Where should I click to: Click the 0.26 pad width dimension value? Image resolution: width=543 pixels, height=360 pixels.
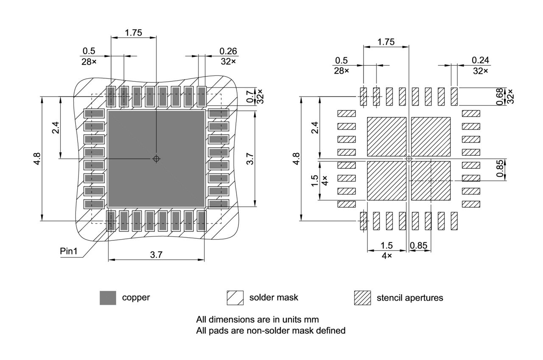pos(228,51)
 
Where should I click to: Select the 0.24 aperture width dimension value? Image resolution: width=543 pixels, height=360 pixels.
pos(480,60)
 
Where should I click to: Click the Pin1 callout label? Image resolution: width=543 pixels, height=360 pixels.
pos(69,251)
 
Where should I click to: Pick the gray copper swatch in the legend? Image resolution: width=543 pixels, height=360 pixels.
pos(108,298)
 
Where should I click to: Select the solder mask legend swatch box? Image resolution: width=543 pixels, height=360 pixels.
pos(235,298)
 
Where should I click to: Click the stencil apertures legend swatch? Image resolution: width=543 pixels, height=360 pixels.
pos(362,298)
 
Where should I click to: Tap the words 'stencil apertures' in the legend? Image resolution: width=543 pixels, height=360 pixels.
pos(409,298)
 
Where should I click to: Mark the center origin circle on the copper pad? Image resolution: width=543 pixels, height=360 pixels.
pos(156,159)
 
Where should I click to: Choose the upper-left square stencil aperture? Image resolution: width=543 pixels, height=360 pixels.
pos(386,136)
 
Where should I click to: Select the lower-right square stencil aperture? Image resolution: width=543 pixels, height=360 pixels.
pos(431,180)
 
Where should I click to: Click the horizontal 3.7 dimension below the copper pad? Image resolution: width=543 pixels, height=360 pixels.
pos(156,254)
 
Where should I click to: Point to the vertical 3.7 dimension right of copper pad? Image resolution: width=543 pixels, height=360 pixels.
pos(250,159)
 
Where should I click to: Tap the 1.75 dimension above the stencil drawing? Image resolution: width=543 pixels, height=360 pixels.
pos(386,42)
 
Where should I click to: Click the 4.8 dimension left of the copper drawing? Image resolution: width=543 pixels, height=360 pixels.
pos(37,159)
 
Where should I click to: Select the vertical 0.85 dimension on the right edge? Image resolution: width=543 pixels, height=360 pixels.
pos(500,169)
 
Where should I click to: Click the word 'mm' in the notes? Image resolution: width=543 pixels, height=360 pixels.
pos(312,319)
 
